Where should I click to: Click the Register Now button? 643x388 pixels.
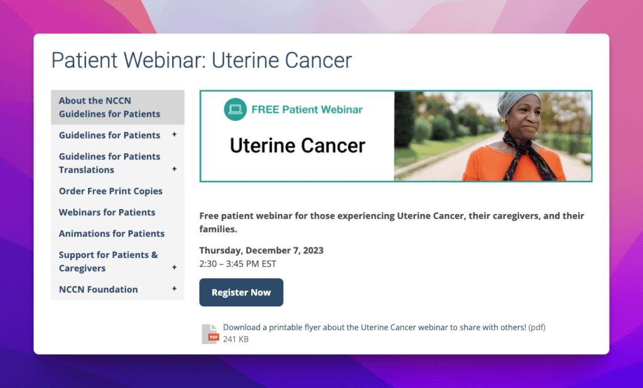pos(241,292)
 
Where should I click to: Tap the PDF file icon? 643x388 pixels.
pos(210,333)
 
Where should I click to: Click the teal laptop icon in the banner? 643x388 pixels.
pos(235,109)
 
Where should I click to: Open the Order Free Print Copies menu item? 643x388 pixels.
pos(111,191)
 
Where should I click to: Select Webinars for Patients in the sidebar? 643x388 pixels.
pos(107,212)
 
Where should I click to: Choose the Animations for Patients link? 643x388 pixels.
pos(112,234)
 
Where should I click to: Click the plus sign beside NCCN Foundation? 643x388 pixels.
pos(175,289)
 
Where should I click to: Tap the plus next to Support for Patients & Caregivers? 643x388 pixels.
pos(175,267)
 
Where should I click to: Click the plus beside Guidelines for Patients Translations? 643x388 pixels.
pos(175,169)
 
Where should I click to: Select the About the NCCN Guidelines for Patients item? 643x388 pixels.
pos(109,107)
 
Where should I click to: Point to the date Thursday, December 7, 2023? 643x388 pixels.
pos(261,250)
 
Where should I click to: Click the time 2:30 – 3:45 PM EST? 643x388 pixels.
pos(238,264)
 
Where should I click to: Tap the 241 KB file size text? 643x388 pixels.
pos(236,339)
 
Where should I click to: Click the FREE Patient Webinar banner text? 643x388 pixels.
pos(307,109)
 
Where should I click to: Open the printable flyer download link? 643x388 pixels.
pos(374,327)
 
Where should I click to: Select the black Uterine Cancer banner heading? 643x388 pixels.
pos(297,146)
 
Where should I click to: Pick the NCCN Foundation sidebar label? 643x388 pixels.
pos(99,289)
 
